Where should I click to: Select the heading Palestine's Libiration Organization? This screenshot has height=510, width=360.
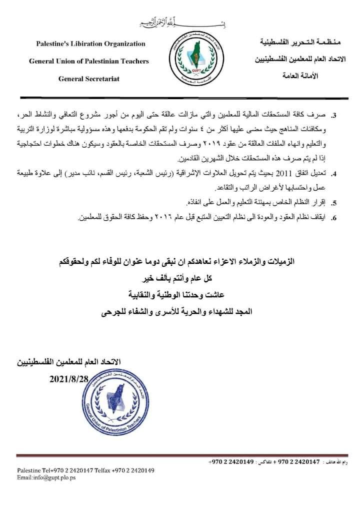point(90,44)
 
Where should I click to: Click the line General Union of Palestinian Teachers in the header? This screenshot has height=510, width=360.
point(88,61)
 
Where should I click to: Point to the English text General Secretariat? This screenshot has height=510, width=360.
point(89,79)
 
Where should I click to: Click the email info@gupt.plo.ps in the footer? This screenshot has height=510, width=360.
point(46,478)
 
